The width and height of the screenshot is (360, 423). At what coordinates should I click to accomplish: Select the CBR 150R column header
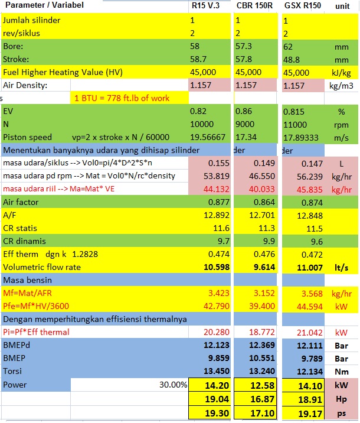click(x=254, y=6)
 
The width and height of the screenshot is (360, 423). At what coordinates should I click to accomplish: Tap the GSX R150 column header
click(x=302, y=6)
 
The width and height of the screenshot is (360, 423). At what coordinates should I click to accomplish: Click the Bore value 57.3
click(x=243, y=46)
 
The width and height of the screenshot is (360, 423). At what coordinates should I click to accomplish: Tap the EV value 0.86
click(x=243, y=111)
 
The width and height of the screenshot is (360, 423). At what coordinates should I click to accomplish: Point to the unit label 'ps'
click(x=342, y=412)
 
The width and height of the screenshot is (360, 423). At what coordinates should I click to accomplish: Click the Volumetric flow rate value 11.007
click(x=309, y=267)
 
